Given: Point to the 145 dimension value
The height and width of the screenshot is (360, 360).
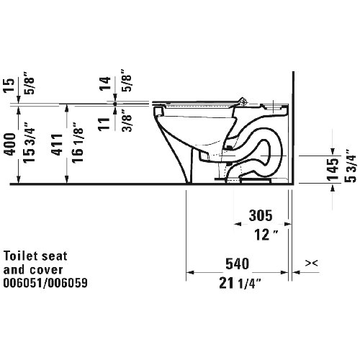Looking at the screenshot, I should [x=331, y=170].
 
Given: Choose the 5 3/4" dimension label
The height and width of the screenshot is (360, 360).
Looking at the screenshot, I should [x=350, y=170].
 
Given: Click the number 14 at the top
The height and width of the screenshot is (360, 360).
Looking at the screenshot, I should [x=105, y=83].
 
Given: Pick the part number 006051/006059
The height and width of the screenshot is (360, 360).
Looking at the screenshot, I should [x=47, y=283].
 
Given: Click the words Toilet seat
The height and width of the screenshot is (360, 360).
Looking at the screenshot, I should [x=32, y=256].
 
